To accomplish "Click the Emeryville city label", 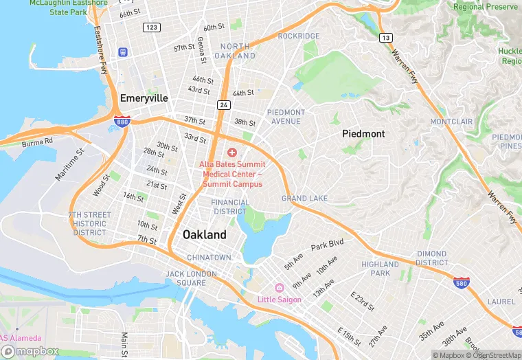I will [x=144, y=98].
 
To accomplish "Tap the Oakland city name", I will [x=204, y=234].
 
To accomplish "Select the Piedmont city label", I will [x=363, y=134].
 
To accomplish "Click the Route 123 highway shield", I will [x=152, y=27].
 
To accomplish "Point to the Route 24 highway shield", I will [x=224, y=104].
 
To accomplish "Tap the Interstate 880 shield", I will [x=122, y=122].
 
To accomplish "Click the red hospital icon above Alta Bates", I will [x=232, y=152].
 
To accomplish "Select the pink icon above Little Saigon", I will [x=279, y=288].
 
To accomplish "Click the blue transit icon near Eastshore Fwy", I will [x=123, y=52].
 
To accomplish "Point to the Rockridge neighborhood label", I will [x=299, y=36].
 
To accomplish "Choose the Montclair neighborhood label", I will [x=451, y=122].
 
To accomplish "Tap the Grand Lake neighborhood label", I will [x=304, y=199].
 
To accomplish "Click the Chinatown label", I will [x=209, y=257].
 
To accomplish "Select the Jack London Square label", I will [x=191, y=278].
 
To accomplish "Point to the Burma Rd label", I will [x=37, y=144].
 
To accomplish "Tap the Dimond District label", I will [x=431, y=258].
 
